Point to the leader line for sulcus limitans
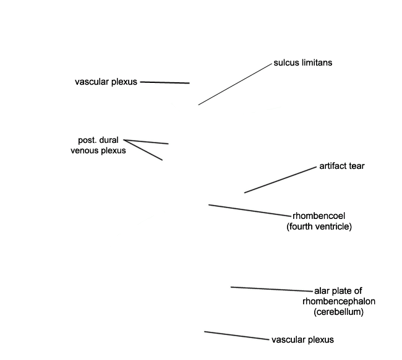click(235, 84)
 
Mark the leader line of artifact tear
click(281, 180)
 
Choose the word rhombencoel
click(319, 216)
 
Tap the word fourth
click(300, 226)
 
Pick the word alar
click(322, 291)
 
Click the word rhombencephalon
click(339, 301)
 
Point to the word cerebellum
click(339, 312)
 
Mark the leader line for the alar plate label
click(272, 289)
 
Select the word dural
click(108, 140)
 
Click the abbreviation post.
click(87, 140)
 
